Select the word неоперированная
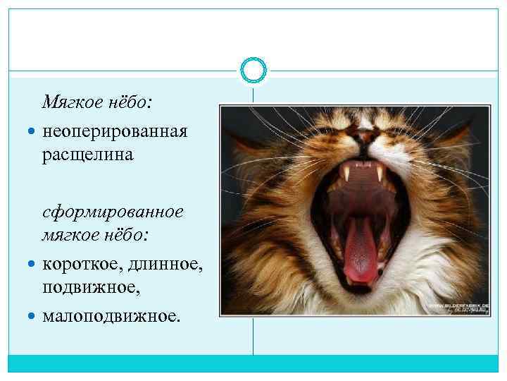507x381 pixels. tap(115, 131)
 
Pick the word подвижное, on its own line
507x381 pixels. tap(87, 287)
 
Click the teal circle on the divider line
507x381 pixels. tap(254, 70)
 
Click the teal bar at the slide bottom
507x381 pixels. tap(254, 363)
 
